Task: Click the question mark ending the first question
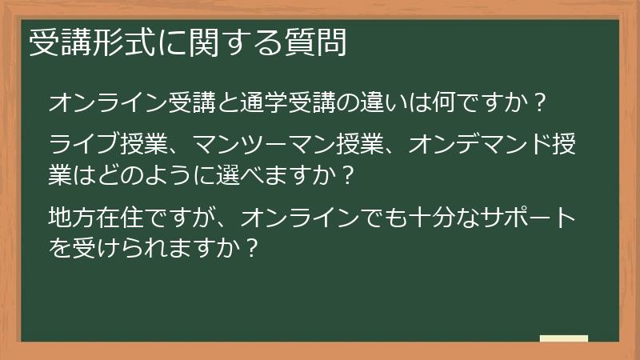pos(539,103)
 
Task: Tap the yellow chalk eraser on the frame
pos(563,338)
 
